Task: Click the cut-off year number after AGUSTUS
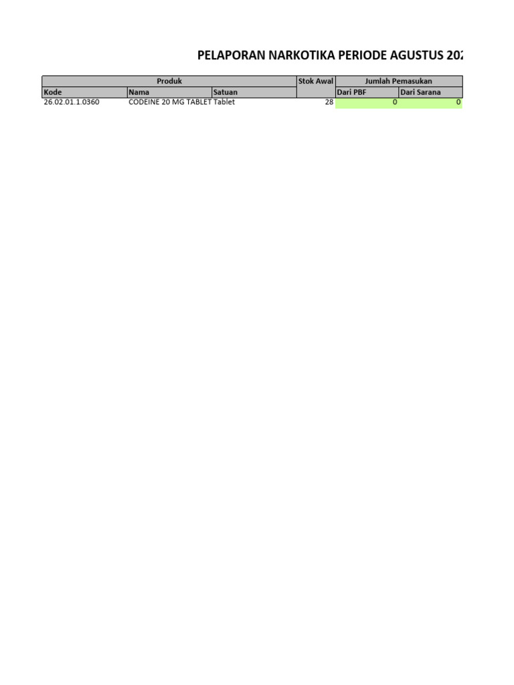[x=454, y=56]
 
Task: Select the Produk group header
[x=169, y=81]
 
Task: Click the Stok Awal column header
[x=315, y=81]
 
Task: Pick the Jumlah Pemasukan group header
[x=398, y=81]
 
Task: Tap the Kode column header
[x=53, y=92]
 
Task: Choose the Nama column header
[x=139, y=92]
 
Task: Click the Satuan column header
[x=225, y=92]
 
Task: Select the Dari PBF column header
[x=351, y=92]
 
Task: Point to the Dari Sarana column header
[x=420, y=92]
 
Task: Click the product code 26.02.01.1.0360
[x=72, y=102]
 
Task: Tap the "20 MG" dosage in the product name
[x=173, y=102]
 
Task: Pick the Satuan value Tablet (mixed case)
[x=224, y=102]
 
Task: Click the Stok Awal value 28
[x=329, y=102]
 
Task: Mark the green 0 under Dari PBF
[x=395, y=102]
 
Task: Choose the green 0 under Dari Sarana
[x=458, y=102]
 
